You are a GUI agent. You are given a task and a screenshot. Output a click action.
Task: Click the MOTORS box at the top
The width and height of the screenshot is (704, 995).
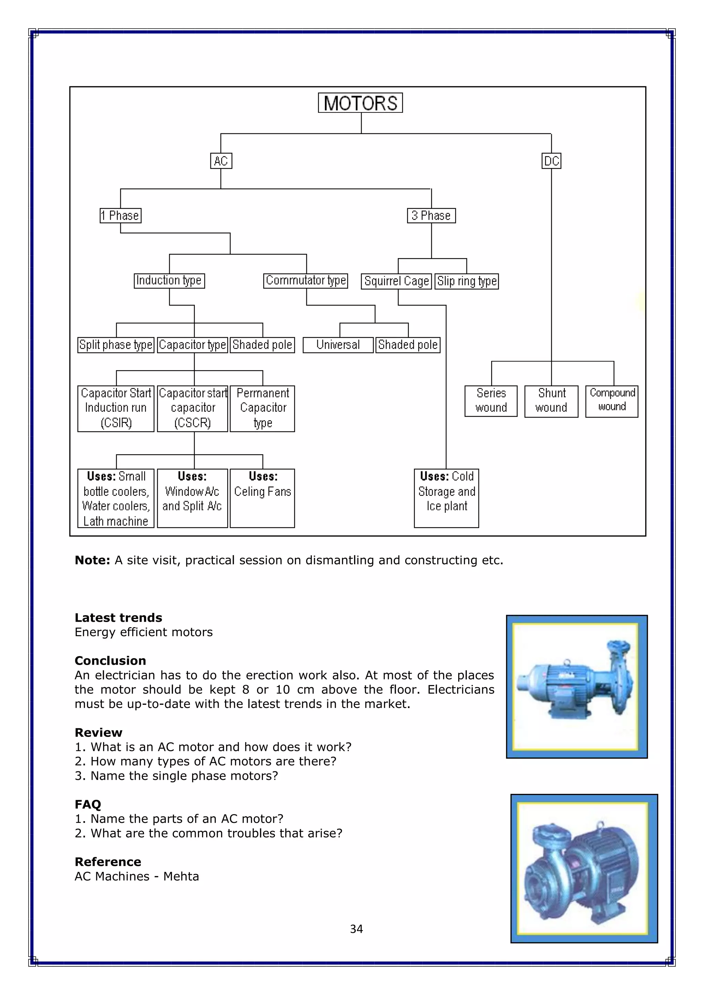360,103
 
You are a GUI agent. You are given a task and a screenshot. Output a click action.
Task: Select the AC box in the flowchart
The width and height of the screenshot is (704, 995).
221,161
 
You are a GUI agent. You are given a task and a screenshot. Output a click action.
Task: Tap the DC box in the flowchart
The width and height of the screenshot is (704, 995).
551,161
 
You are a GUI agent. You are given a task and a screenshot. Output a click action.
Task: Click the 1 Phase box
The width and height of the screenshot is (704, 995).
121,215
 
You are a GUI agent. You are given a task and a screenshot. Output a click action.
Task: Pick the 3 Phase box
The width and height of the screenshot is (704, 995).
431,215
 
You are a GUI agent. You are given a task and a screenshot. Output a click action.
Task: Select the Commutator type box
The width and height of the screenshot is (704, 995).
306,280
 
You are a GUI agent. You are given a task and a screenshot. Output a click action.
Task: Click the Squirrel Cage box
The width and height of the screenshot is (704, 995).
397,281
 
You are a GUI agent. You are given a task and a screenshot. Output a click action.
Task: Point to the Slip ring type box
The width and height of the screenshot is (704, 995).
467,281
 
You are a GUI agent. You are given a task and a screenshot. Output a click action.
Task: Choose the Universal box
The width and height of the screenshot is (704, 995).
338,345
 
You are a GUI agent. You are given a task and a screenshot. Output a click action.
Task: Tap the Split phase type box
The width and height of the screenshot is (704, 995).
116,345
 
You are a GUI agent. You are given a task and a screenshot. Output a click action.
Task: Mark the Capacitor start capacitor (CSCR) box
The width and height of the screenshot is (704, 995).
192,408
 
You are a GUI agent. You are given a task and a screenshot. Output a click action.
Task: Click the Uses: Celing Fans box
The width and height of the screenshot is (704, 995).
262,498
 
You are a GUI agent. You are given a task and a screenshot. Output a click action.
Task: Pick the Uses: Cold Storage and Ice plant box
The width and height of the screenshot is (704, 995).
447,498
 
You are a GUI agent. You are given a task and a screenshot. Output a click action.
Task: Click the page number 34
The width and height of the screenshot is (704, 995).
356,929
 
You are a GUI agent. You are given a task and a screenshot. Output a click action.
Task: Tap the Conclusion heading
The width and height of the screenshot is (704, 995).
110,661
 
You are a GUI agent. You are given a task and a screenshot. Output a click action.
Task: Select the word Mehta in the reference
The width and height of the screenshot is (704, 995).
181,876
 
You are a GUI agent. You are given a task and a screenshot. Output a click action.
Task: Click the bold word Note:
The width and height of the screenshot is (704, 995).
92,560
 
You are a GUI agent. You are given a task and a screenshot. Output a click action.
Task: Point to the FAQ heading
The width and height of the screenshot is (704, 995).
88,804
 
